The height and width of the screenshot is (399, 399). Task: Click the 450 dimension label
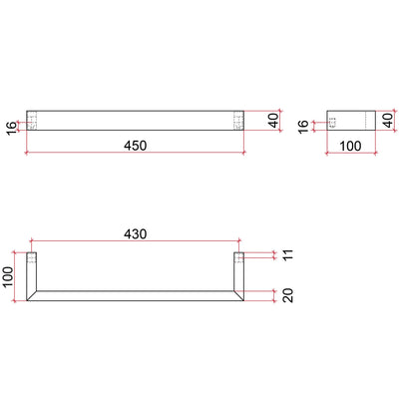point(136,145)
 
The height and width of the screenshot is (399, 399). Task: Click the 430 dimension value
point(136,233)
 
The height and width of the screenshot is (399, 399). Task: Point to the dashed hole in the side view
point(333,122)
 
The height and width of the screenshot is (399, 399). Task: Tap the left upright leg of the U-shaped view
point(32,271)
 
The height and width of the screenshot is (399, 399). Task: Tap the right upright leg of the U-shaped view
point(239,271)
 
